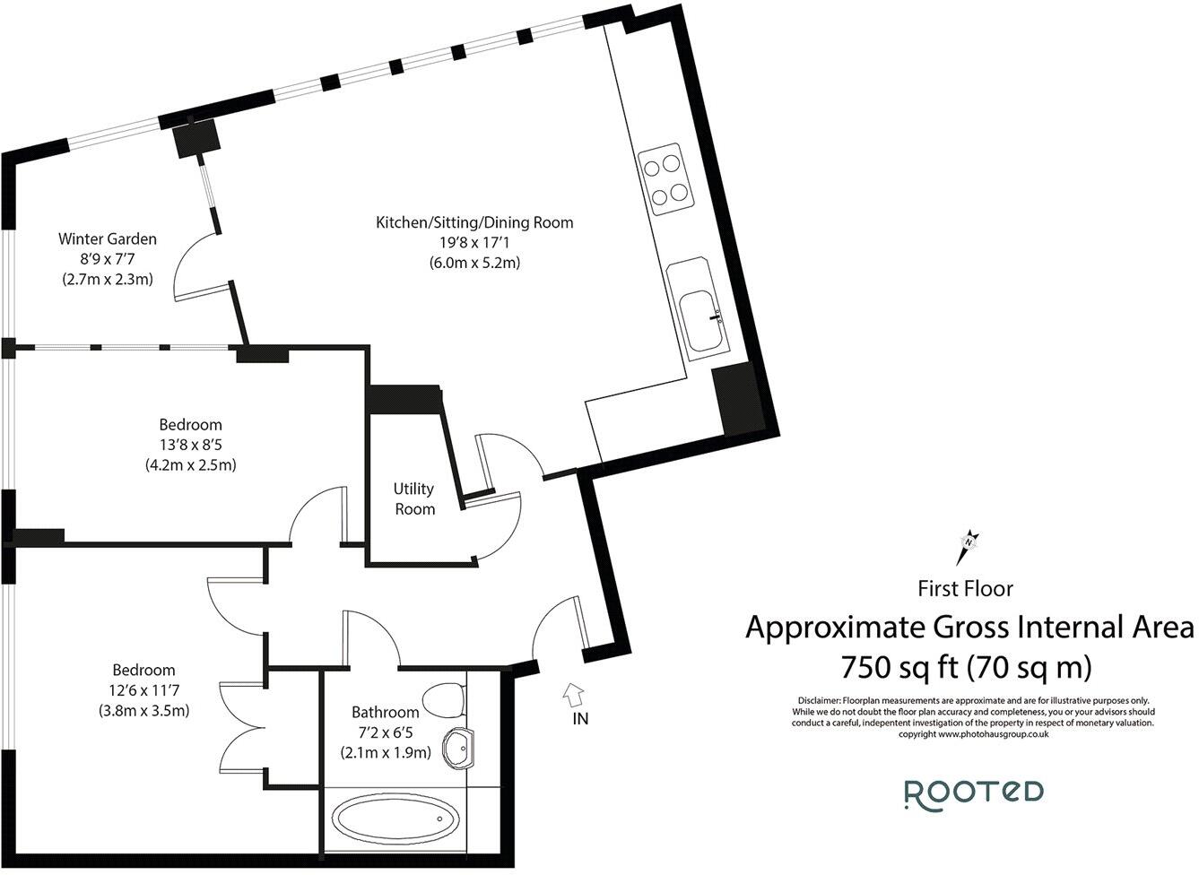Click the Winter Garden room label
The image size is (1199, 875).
(108, 239)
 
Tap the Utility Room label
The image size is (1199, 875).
(414, 498)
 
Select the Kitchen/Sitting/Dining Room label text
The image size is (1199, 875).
(474, 222)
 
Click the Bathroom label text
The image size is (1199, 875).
(385, 713)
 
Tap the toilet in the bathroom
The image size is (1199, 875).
(444, 698)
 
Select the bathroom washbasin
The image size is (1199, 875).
(459, 746)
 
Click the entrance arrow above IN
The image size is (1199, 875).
(572, 693)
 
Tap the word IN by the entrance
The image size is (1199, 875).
(580, 718)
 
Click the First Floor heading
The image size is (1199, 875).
(965, 589)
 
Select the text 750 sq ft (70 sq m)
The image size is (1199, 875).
(965, 667)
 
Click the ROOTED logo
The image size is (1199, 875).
(973, 793)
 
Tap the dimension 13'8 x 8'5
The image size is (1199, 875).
(190, 445)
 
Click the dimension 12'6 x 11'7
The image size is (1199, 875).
(143, 690)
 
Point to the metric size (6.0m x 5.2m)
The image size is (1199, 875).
(474, 263)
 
